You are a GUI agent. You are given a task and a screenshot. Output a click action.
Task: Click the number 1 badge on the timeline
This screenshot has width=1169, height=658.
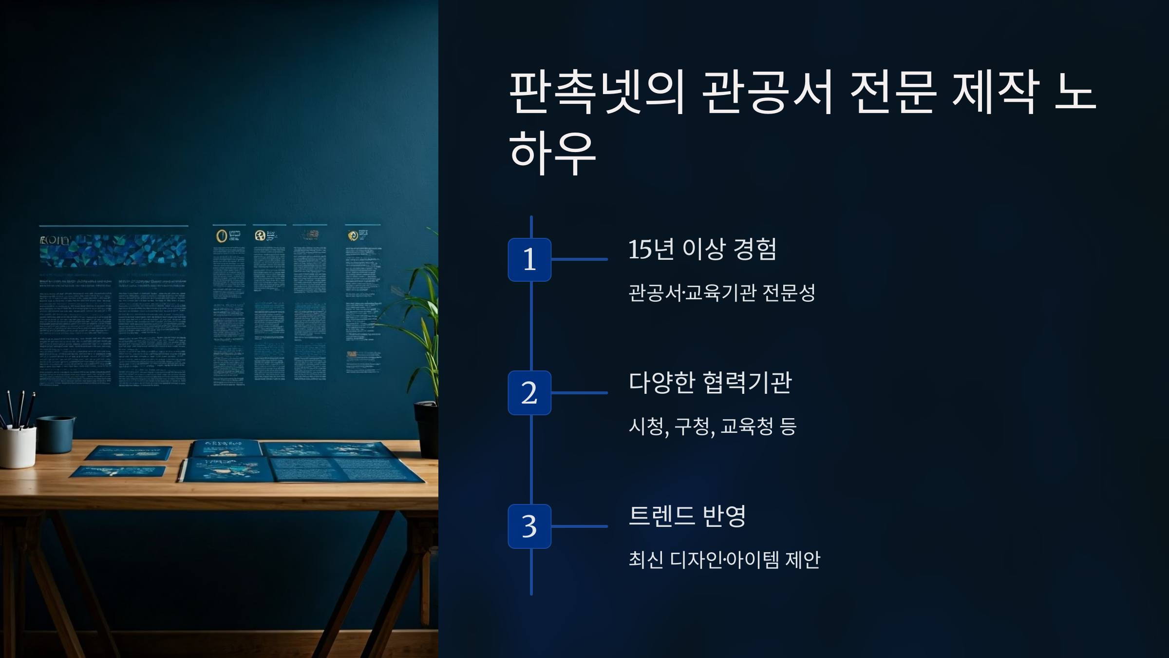click(x=529, y=259)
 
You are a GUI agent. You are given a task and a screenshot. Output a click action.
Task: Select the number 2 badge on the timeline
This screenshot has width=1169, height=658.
click(x=529, y=393)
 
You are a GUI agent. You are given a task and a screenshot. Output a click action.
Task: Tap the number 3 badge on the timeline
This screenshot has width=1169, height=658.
click(x=529, y=526)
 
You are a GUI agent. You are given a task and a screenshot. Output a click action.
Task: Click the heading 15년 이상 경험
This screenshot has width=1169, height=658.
click(x=702, y=249)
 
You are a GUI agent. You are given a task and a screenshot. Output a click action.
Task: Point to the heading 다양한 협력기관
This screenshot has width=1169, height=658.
click(x=710, y=382)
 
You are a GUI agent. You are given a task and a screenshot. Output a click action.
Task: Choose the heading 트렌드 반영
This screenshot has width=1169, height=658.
click(x=687, y=516)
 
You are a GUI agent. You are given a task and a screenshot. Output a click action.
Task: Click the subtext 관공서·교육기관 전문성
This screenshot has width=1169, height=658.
click(x=721, y=293)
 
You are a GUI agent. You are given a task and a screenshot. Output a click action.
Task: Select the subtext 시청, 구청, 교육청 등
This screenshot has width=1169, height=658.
click(x=712, y=426)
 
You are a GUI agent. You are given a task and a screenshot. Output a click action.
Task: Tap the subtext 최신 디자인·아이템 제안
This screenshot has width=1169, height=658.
click(x=724, y=560)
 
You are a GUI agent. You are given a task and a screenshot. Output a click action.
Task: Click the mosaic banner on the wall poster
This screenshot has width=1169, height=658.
click(x=113, y=251)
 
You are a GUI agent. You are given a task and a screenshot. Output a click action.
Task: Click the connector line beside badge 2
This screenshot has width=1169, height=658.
click(x=579, y=393)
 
